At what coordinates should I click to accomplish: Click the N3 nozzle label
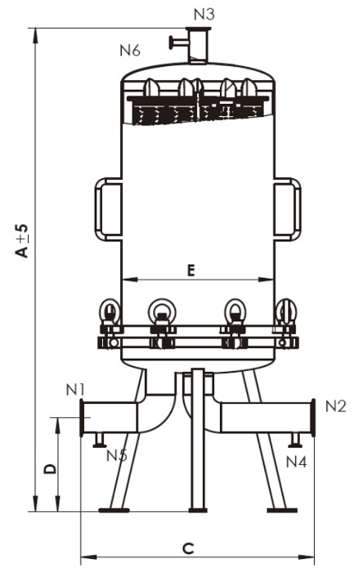203,14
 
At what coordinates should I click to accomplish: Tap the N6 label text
130,50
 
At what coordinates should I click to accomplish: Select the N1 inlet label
75,390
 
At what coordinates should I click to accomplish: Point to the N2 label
335,406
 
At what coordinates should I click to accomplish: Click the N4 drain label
296,462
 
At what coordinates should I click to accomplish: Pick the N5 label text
117,455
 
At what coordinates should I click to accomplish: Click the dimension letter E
191,270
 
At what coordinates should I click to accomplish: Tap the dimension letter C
188,549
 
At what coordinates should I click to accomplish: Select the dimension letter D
50,469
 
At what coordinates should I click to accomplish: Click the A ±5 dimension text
22,242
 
